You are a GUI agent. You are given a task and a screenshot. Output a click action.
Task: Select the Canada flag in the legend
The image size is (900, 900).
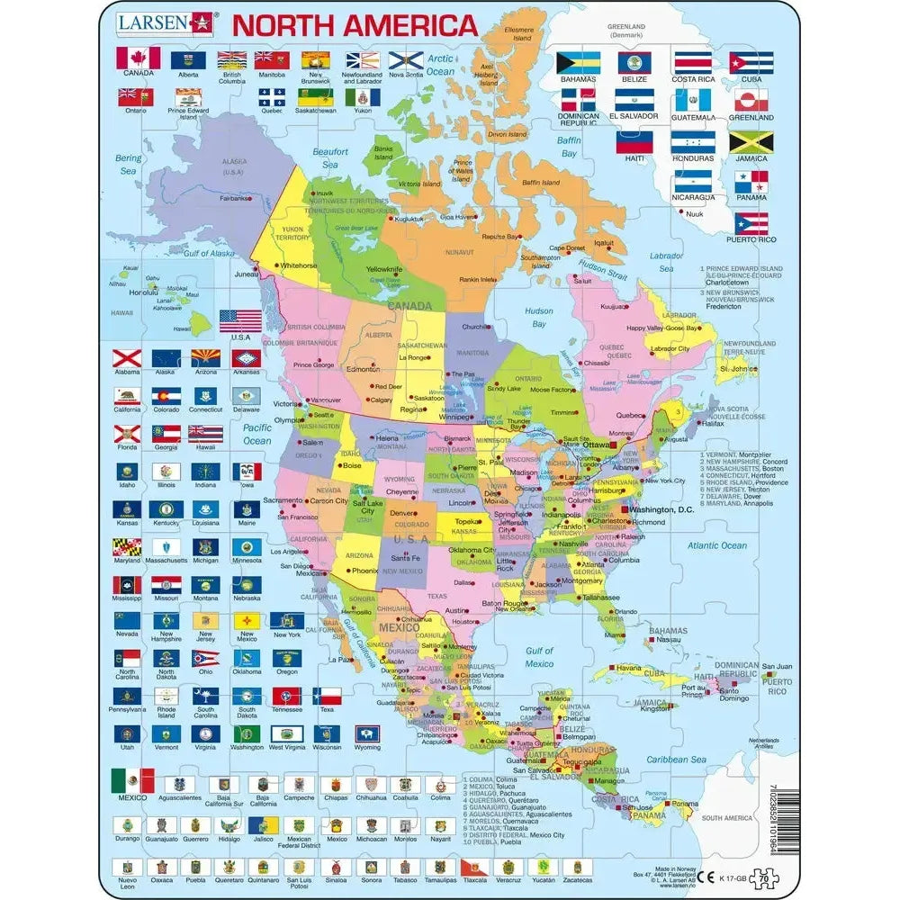click(139, 58)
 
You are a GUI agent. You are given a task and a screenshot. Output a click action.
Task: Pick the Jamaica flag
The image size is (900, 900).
click(751, 142)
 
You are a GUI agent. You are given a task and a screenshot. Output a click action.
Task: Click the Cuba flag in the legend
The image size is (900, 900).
click(751, 62)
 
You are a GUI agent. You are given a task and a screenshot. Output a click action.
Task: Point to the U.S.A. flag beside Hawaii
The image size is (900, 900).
click(240, 320)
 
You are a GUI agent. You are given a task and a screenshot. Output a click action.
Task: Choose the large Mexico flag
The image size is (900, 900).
click(132, 779)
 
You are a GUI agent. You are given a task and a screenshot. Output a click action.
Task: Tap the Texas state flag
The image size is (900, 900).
click(327, 696)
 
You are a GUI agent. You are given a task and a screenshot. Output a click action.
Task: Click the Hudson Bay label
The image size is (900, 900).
click(538, 317)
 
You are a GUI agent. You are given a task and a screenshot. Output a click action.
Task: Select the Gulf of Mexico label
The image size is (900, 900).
click(539, 657)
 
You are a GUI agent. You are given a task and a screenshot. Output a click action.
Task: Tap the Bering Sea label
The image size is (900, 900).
click(129, 164)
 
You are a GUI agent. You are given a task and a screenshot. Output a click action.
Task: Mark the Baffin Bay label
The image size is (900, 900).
click(568, 147)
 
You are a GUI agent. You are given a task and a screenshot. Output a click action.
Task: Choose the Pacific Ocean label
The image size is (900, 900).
click(256, 434)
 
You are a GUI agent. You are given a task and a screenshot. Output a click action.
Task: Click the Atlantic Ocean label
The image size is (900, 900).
click(716, 545)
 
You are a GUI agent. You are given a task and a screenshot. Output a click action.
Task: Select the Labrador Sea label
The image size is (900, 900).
click(666, 262)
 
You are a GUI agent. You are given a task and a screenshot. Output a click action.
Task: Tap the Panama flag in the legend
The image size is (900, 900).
click(751, 182)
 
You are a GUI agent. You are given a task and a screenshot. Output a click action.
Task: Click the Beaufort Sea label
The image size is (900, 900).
click(330, 158)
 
